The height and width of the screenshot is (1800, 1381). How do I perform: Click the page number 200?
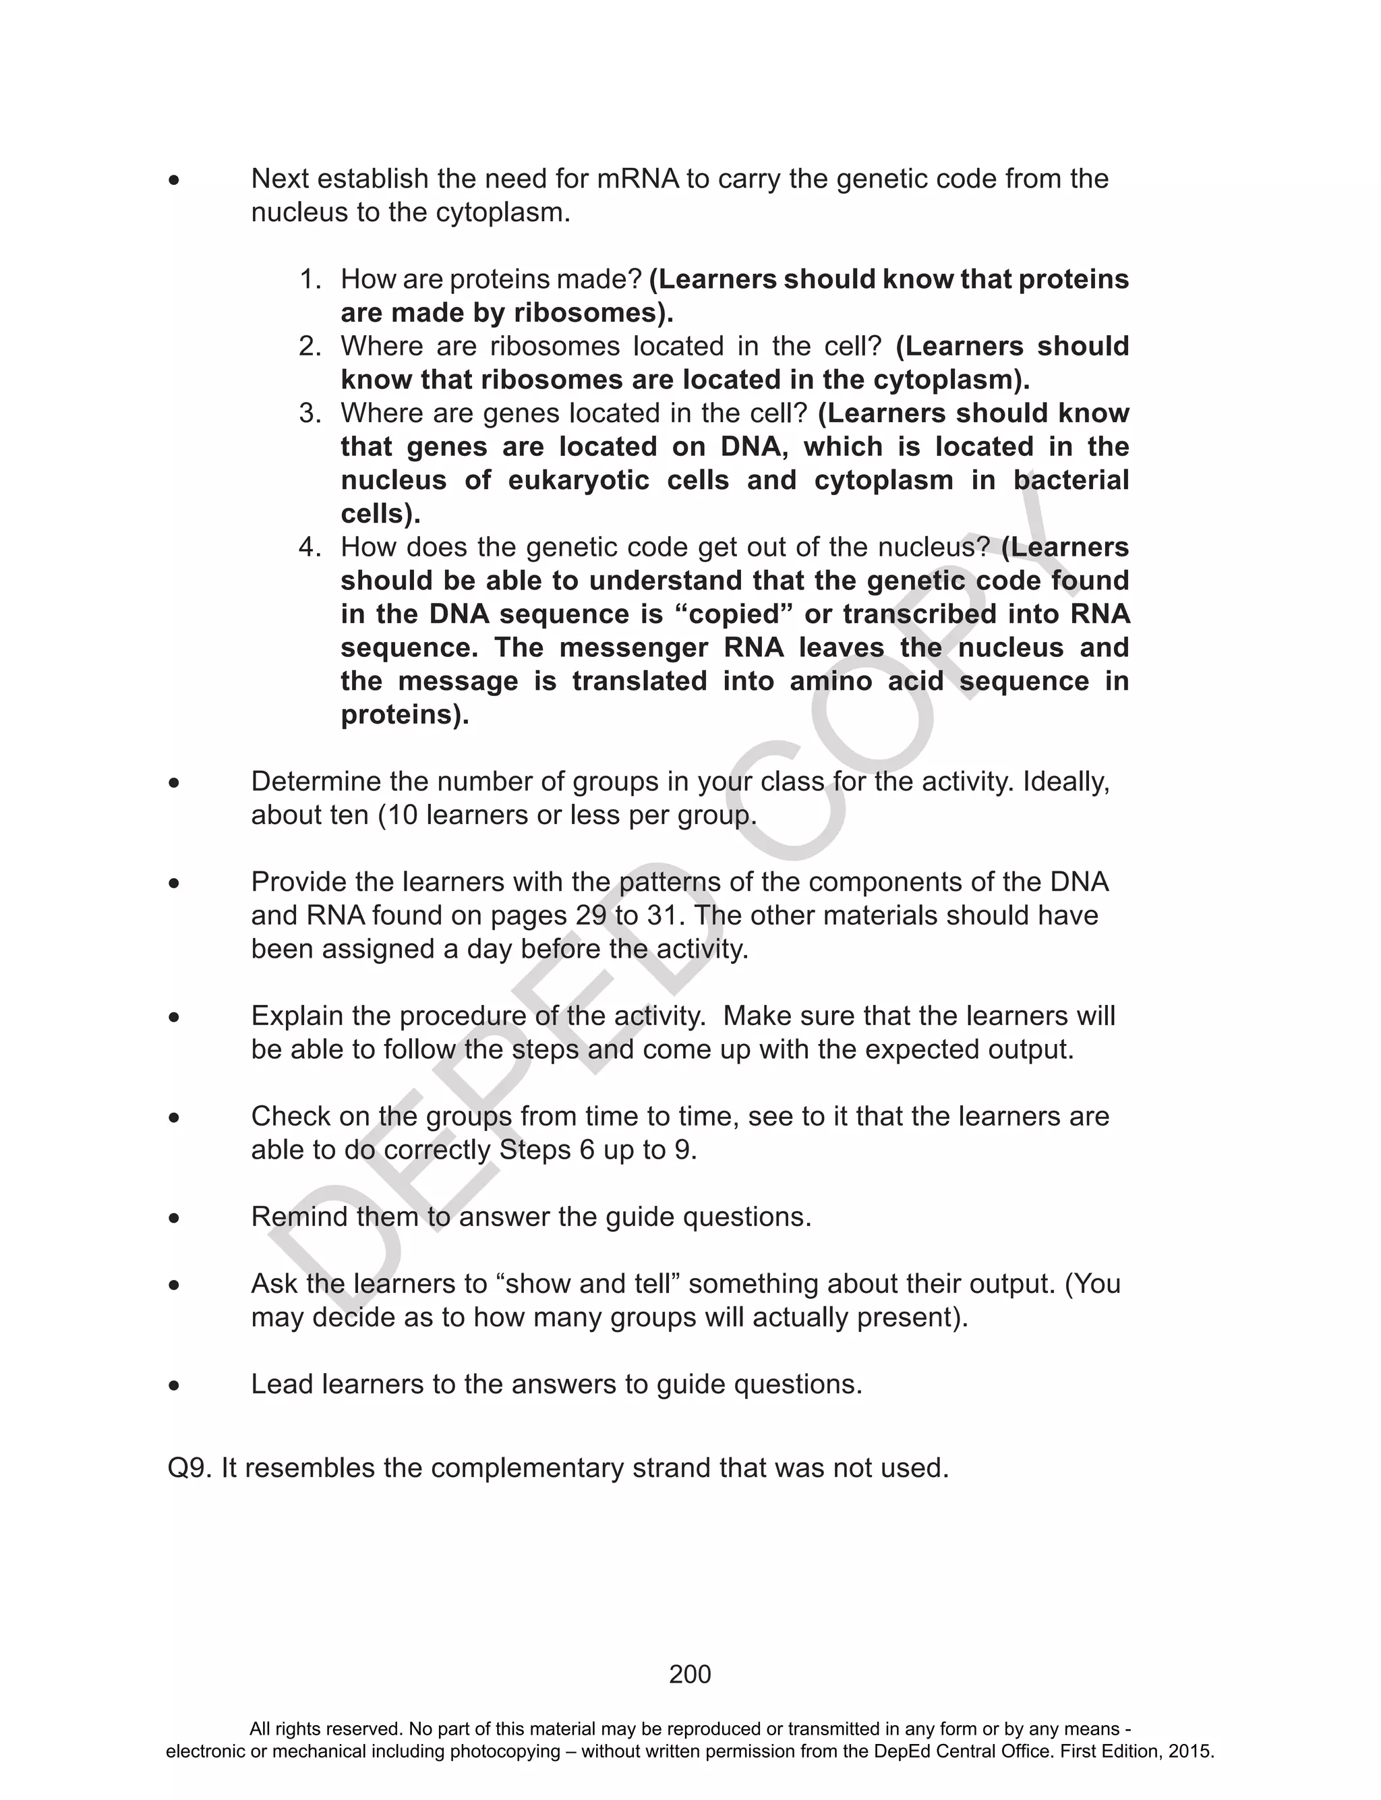coord(690,1675)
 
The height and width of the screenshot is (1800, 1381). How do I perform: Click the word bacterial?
coord(1071,480)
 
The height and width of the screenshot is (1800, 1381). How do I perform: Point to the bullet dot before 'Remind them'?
coord(173,1217)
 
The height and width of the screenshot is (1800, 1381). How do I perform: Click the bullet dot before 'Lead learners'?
coord(173,1385)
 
